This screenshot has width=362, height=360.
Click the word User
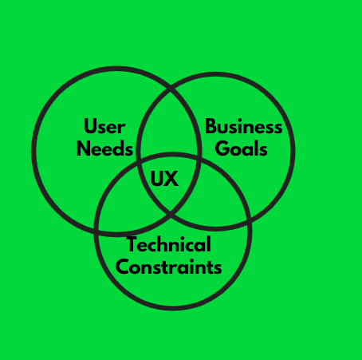tap(104, 126)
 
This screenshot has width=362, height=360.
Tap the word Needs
tap(104, 148)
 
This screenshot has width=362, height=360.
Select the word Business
tap(243, 126)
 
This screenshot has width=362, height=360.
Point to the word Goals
tap(241, 148)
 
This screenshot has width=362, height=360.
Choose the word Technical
tap(169, 244)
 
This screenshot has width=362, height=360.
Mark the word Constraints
tap(169, 267)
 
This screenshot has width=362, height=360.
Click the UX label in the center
tap(164, 179)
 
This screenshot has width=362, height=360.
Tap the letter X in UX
tap(171, 179)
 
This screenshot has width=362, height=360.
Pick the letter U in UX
tap(157, 179)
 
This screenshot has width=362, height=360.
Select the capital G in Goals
tap(222, 148)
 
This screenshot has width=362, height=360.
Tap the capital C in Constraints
tap(122, 267)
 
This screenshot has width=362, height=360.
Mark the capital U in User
tap(90, 127)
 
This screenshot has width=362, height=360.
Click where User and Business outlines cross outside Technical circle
tap(171, 87)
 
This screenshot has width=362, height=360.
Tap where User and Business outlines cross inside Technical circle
tap(171, 213)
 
